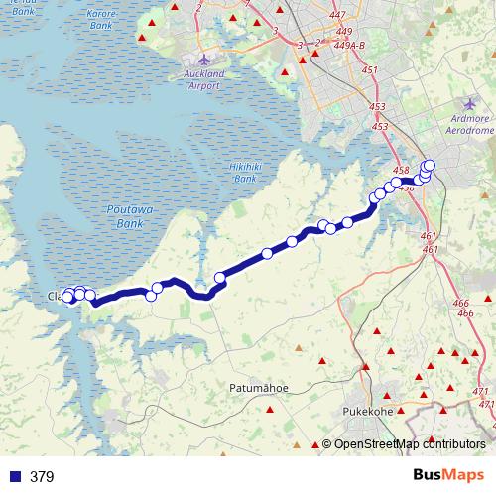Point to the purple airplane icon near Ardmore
470,103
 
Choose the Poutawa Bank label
125,217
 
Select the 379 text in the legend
42,477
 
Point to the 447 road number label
340,15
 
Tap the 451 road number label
370,70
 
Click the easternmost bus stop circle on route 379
430,166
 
